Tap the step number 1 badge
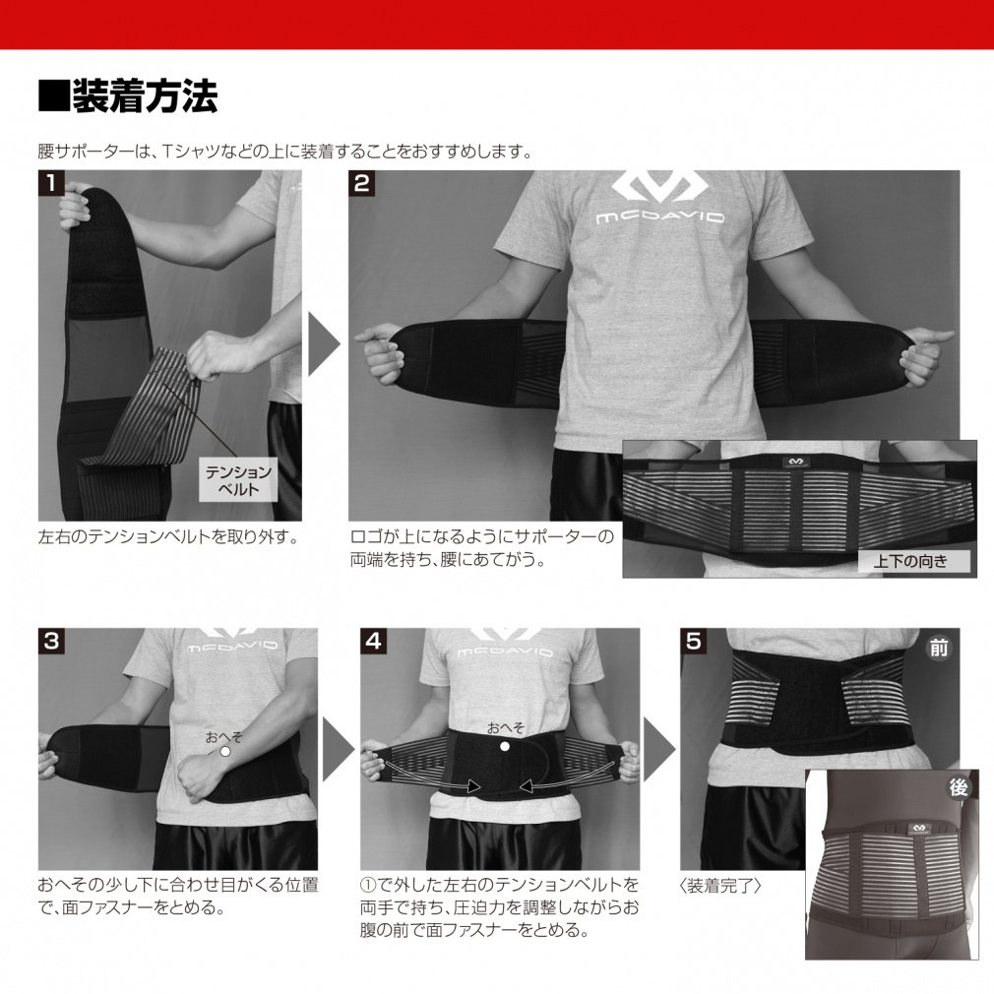pos(50,182)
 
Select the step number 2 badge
pos(361,182)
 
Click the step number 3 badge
pos(50,641)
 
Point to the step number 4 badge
pos(373,641)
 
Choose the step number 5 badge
pos(693,641)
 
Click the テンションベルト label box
pos(237,479)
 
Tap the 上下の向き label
pos(910,562)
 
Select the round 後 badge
pos(958,787)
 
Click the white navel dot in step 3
pos(224,750)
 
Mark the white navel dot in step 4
pos(506,747)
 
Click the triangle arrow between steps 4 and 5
pos(658,749)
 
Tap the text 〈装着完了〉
pos(721,885)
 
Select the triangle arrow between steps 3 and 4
pos(338,749)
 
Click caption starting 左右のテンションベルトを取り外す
pos(166,537)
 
